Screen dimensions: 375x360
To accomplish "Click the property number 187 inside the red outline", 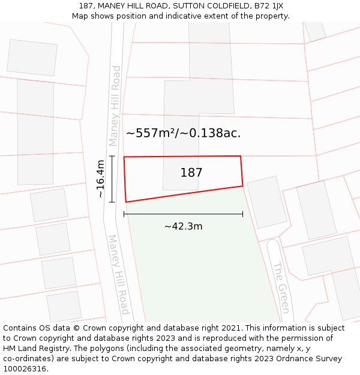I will [x=191, y=173].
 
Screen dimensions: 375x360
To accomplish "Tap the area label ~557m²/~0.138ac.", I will [x=183, y=133].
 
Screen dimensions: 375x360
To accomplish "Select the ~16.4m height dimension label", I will [x=101, y=179].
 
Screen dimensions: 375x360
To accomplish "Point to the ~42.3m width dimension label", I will [x=183, y=226].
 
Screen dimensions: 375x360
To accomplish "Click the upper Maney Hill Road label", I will [x=115, y=106].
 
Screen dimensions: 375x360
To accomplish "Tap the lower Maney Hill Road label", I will [x=118, y=274].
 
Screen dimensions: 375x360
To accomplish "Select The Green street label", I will [x=281, y=287].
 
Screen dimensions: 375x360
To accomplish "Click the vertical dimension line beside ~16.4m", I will [x=112, y=179].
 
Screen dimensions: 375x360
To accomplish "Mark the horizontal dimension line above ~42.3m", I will [x=183, y=214].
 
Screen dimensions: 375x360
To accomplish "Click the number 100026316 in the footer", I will [x=25, y=369].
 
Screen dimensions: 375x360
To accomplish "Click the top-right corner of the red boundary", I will [x=241, y=157].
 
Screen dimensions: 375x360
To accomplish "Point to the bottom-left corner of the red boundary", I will [x=125, y=202].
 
